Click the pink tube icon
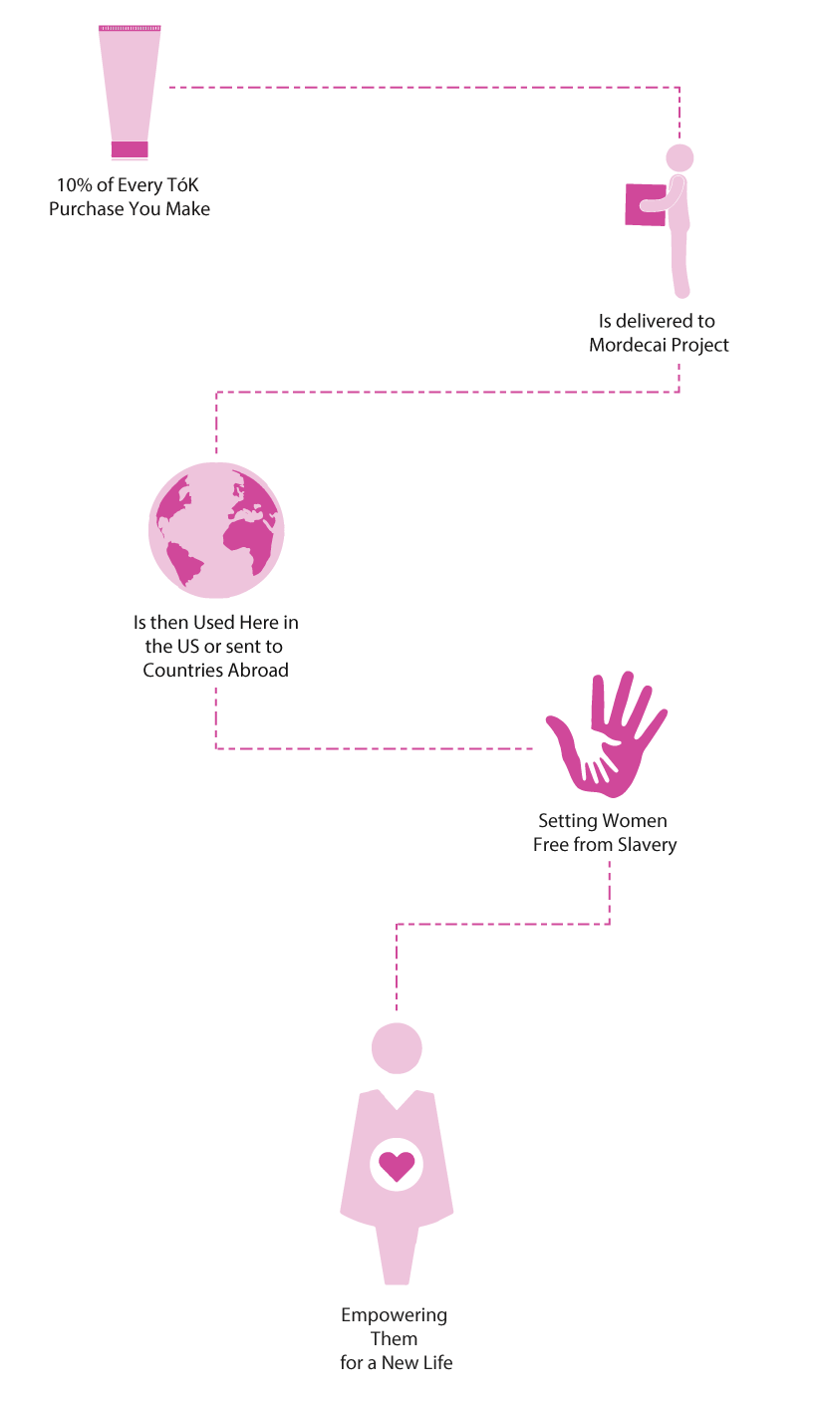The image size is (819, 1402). (130, 92)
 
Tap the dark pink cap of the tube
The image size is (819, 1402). (130, 148)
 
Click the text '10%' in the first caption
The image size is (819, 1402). (75, 185)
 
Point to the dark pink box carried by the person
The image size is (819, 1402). (645, 204)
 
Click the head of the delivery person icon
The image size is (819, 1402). (680, 157)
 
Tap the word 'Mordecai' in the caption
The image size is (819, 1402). (628, 345)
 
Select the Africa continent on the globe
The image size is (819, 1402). (249, 543)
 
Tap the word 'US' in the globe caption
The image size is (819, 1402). (188, 647)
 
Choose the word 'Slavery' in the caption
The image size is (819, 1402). (648, 845)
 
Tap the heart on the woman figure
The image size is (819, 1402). (397, 1166)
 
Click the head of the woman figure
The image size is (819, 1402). (397, 1048)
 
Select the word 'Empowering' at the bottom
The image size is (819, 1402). (395, 1315)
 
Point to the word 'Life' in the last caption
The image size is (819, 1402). (435, 1362)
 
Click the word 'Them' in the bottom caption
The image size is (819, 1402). (395, 1339)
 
